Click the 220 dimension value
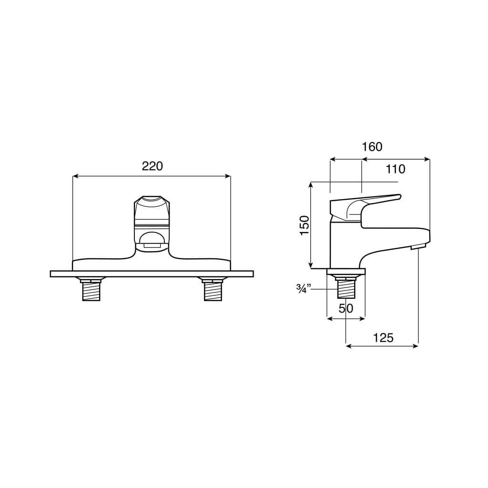coord(152,166)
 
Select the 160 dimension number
coord(372,147)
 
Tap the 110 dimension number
coord(396,169)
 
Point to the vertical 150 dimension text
coord(305,224)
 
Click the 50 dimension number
coord(346,308)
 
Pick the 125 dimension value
coord(383,338)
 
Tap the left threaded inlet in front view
coord(91,290)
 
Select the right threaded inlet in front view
coord(213,290)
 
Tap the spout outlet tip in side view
coord(417,246)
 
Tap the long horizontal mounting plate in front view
coord(152,274)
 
